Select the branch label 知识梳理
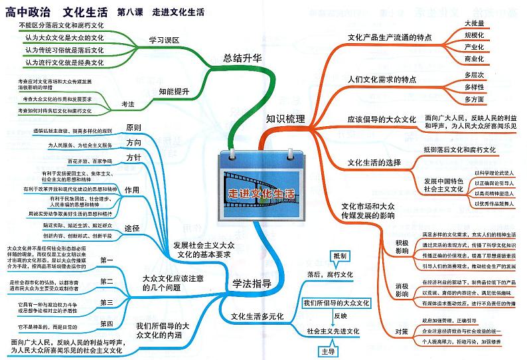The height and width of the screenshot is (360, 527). [285, 120]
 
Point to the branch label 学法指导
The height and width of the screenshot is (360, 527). [252, 284]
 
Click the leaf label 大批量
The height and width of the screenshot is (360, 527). [474, 23]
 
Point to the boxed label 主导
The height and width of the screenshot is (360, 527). [327, 351]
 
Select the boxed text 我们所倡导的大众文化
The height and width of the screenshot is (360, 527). [335, 303]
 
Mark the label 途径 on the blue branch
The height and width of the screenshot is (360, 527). [133, 228]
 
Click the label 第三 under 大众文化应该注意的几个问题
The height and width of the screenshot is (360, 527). [107, 302]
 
